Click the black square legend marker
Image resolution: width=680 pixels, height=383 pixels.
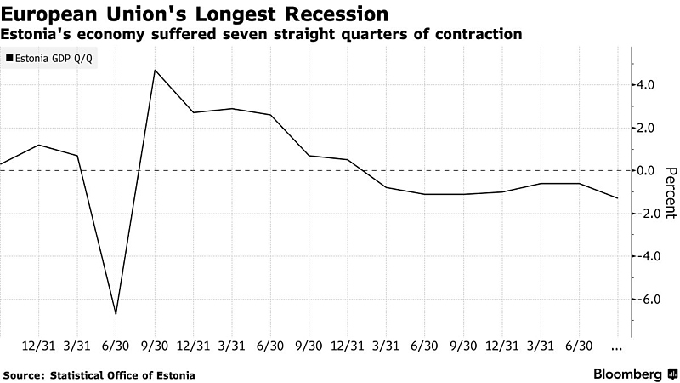click(9, 59)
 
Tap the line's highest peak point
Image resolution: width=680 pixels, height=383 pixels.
click(154, 70)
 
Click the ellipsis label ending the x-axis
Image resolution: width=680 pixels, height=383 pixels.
click(616, 347)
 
